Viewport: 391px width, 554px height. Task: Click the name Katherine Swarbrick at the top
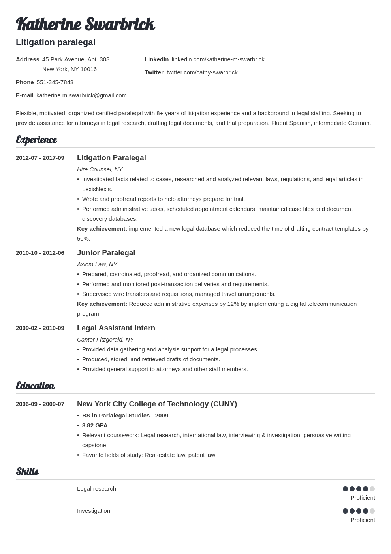click(85, 25)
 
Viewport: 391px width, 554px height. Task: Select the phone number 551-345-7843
click(55, 82)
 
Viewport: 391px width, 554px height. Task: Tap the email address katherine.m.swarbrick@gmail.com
click(81, 95)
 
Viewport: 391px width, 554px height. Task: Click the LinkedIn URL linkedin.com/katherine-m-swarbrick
click(218, 59)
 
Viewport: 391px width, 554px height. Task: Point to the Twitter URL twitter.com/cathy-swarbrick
click(202, 72)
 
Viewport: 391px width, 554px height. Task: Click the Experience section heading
click(36, 140)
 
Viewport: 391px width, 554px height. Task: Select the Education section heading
click(35, 386)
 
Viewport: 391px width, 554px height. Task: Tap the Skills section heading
click(27, 472)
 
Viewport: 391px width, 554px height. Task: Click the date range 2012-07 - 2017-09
click(40, 158)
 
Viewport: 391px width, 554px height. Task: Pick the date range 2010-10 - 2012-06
click(40, 253)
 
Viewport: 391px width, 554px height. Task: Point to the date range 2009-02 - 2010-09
click(40, 328)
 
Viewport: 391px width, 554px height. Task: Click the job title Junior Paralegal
click(106, 253)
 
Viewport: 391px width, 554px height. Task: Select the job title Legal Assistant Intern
click(116, 328)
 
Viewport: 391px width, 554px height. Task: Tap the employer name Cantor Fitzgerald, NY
click(105, 340)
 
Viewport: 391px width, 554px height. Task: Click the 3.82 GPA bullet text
click(95, 425)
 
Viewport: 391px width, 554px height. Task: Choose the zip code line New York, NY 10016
click(70, 69)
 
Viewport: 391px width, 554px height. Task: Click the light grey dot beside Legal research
click(372, 489)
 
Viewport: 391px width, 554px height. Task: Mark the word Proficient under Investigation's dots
click(363, 520)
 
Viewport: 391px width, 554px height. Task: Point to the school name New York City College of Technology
click(143, 404)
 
